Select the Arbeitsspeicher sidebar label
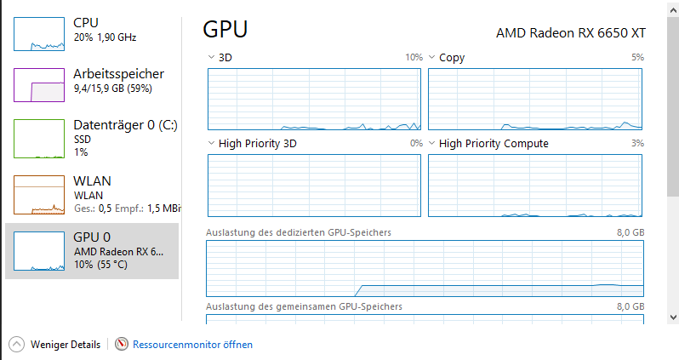[118, 74]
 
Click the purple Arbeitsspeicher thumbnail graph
[39, 85]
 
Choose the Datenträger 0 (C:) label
[125, 125]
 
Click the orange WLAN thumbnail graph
[39, 194]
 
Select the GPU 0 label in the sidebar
[93, 237]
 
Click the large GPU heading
[225, 30]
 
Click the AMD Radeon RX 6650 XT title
[571, 32]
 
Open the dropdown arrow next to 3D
[212, 58]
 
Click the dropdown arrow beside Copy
[432, 58]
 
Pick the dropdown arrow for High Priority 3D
[212, 144]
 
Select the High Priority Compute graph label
[494, 144]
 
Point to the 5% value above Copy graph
[637, 58]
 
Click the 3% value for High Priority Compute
[637, 144]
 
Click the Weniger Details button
[54, 345]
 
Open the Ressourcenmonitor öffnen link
[192, 345]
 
